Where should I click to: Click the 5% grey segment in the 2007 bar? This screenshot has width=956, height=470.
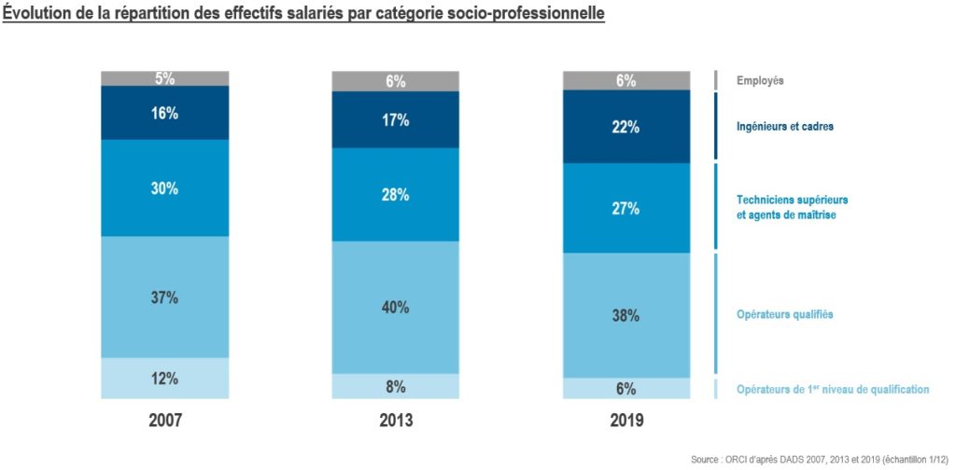(x=165, y=78)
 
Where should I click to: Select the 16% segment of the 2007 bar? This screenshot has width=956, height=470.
(x=165, y=113)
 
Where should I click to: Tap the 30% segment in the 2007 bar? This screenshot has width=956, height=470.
(x=165, y=187)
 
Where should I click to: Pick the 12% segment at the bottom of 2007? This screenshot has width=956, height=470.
(x=165, y=379)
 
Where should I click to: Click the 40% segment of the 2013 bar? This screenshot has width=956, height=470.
(x=396, y=307)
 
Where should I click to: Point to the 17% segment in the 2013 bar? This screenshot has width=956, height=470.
(x=396, y=119)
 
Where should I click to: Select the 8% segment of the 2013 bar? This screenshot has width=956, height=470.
(x=396, y=386)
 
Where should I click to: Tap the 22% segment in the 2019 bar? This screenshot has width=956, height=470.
(x=626, y=127)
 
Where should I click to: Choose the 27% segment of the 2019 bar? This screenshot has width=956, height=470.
(x=626, y=208)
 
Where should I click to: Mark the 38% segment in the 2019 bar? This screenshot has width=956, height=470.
(x=626, y=315)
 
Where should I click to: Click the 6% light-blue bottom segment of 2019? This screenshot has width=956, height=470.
(x=626, y=389)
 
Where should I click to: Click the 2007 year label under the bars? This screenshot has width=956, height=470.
(x=165, y=421)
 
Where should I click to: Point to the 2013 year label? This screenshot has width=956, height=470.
(x=396, y=421)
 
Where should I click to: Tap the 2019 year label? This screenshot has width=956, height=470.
(x=626, y=421)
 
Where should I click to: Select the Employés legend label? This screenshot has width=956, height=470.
(x=760, y=81)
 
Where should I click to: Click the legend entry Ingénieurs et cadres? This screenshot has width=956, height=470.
(x=784, y=127)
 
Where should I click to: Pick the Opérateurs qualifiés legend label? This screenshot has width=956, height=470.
(x=784, y=314)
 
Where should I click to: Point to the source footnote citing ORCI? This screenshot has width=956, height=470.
(x=822, y=460)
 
